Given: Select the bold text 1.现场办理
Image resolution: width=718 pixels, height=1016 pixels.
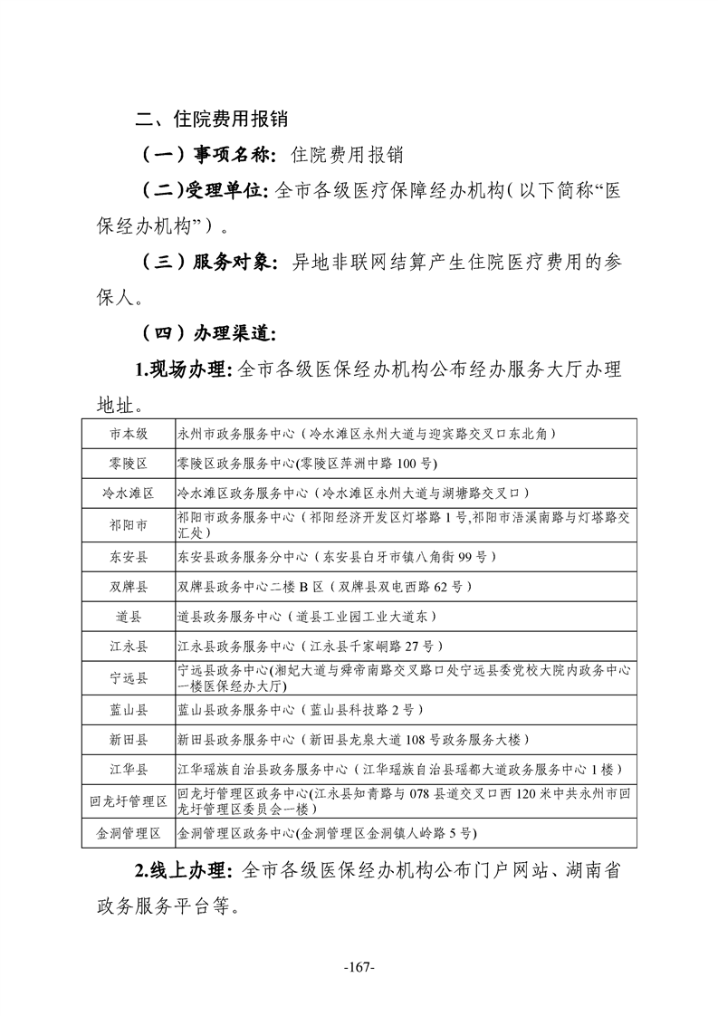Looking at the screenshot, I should pyautogui.click(x=184, y=369).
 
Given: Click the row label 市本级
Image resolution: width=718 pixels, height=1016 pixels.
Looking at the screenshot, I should pyautogui.click(x=129, y=434).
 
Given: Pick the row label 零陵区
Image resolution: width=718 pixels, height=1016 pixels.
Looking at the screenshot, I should pyautogui.click(x=129, y=464).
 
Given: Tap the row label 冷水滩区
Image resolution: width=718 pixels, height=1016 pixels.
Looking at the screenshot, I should pyautogui.click(x=129, y=494).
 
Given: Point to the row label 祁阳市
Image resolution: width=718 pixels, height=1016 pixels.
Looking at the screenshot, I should pyautogui.click(x=129, y=524).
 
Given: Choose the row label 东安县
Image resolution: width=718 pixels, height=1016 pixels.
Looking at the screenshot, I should pyautogui.click(x=129, y=556).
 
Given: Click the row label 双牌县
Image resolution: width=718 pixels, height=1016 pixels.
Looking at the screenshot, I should pyautogui.click(x=129, y=586).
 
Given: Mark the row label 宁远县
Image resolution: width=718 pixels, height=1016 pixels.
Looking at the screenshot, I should pyautogui.click(x=129, y=677).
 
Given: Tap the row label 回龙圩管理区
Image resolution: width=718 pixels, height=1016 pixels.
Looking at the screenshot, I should pyautogui.click(x=129, y=801).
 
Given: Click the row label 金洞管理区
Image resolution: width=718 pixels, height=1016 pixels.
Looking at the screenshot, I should pyautogui.click(x=129, y=832).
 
